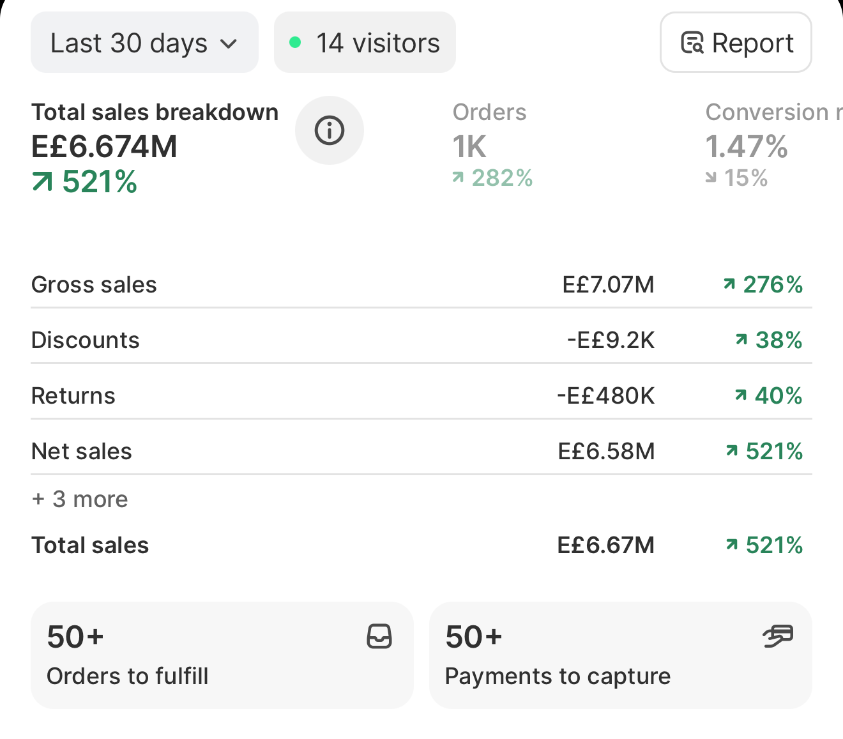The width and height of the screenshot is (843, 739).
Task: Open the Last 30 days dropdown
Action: [144, 42]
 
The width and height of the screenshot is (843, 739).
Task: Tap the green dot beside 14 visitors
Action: [295, 42]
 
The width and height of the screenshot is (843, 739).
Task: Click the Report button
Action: [736, 42]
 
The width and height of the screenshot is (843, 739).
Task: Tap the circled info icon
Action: [330, 130]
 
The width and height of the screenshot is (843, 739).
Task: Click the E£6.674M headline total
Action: [104, 146]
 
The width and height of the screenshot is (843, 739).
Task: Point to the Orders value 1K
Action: [469, 146]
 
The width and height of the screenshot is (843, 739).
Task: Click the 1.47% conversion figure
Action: [747, 146]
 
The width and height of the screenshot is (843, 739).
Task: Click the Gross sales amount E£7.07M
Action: [608, 285]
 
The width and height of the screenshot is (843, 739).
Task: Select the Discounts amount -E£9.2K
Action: [611, 340]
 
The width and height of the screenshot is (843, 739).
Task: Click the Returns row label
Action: [73, 396]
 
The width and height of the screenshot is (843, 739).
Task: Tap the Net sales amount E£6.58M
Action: [606, 452]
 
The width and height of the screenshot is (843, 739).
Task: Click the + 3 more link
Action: [80, 499]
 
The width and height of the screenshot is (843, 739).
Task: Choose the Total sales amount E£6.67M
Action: [606, 545]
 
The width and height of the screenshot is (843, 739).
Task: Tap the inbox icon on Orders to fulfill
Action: [379, 636]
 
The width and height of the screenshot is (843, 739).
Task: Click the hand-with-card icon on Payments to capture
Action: [778, 636]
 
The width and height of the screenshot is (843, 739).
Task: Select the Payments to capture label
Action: [558, 676]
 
